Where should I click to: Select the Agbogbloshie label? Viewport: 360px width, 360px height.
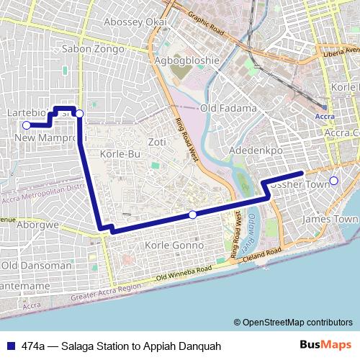pyautogui.click(x=186, y=60)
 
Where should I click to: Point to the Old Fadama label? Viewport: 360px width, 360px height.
pyautogui.click(x=228, y=108)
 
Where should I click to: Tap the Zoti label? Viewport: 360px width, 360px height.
pyautogui.click(x=156, y=141)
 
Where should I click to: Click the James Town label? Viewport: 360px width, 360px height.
pyautogui.click(x=330, y=219)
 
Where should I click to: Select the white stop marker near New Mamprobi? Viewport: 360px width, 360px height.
pyautogui.click(x=27, y=125)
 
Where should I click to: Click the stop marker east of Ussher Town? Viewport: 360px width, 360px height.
pyautogui.click(x=333, y=180)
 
